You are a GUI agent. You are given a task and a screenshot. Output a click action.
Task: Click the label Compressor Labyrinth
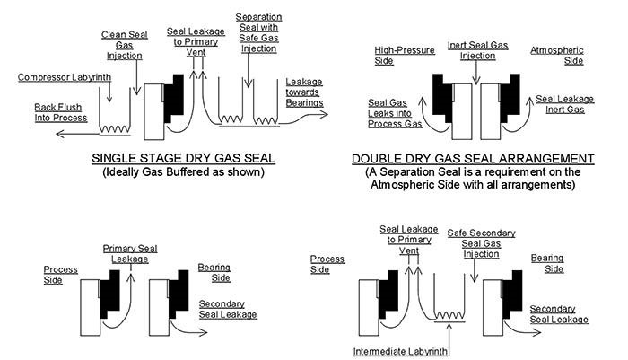click(62, 78)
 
